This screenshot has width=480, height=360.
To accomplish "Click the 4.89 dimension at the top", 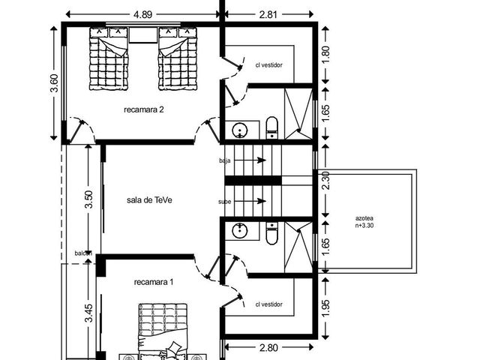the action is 142,15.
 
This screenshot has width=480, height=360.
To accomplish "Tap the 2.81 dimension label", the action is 268,15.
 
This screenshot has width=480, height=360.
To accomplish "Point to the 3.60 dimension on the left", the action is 55,83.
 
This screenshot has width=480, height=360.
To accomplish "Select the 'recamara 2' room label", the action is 143,109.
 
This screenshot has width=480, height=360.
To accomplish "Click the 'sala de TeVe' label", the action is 149,200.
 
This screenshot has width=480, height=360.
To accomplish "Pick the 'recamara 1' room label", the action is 154,282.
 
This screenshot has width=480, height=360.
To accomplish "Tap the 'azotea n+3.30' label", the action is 364,222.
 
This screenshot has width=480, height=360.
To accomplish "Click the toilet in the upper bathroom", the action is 271,127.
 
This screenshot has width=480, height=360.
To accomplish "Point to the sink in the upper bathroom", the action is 238,130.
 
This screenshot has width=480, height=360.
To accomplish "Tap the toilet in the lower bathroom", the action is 271,233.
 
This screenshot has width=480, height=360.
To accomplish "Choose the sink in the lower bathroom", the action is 238,230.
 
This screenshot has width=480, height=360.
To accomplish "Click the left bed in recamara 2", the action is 109,58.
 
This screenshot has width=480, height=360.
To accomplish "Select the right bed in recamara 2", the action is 178,58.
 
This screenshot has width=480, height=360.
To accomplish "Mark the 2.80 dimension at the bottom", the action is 268,348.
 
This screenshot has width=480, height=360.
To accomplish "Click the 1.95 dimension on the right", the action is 325,308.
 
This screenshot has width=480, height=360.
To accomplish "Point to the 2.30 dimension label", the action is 325,181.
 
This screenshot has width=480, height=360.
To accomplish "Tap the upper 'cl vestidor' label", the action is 268,65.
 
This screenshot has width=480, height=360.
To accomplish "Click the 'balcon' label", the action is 83,253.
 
